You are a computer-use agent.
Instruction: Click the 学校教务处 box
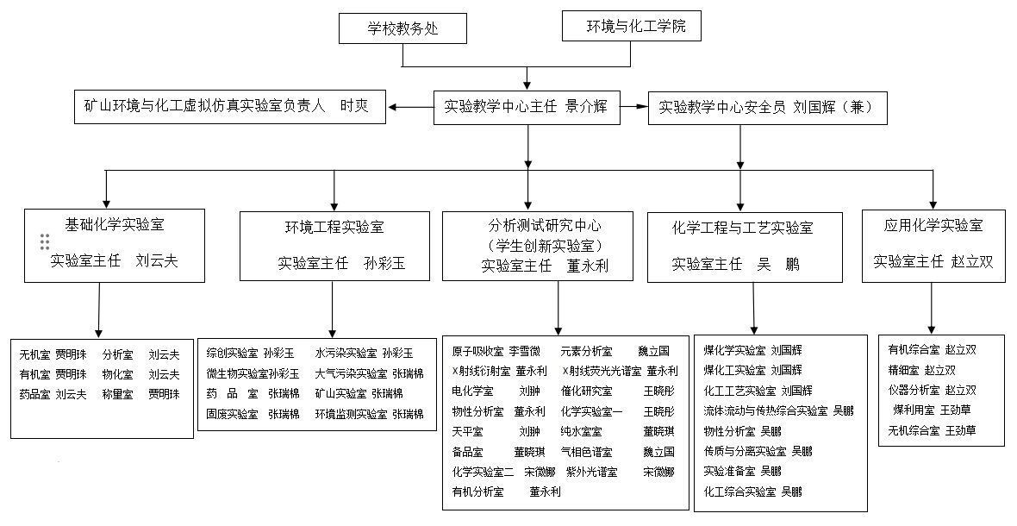click(x=402, y=28)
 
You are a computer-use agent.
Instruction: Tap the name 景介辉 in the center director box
click(x=587, y=107)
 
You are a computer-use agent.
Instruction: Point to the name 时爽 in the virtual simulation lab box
click(x=354, y=105)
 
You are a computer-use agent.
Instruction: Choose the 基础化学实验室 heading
click(x=115, y=225)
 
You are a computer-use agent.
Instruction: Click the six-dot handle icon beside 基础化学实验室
click(x=45, y=242)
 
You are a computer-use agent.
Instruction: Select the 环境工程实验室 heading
click(x=334, y=228)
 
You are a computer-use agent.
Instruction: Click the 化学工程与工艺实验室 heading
click(x=742, y=228)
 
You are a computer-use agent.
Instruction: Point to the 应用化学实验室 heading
click(x=933, y=226)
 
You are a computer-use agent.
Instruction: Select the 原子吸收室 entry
click(x=477, y=352)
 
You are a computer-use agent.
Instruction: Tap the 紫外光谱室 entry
click(x=591, y=472)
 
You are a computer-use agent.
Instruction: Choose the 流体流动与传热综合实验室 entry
click(x=765, y=410)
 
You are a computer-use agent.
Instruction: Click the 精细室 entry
click(x=905, y=370)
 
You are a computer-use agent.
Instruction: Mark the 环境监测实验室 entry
click(x=351, y=414)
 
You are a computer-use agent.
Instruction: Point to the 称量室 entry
click(x=117, y=394)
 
